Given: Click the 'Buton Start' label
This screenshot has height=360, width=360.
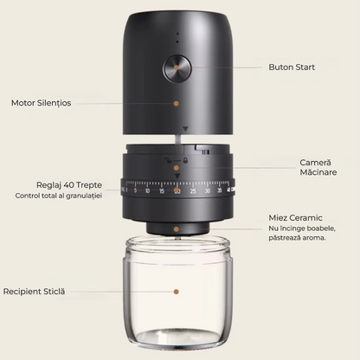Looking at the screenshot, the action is (x=292, y=67).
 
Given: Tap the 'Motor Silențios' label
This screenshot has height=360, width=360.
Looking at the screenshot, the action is (x=41, y=103).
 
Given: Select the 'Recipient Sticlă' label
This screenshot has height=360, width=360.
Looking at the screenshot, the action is (x=34, y=292).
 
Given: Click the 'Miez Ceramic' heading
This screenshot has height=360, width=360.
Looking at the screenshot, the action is (x=295, y=217).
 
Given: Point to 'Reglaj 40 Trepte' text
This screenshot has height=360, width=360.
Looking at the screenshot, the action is (x=69, y=185).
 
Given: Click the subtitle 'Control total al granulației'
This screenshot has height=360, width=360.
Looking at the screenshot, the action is (x=59, y=196).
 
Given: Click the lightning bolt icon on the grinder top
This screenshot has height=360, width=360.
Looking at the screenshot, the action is (x=177, y=33).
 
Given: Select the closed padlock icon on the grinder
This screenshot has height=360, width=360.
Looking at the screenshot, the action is (x=185, y=160).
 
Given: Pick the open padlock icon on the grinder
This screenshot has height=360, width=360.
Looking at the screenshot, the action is (x=168, y=160).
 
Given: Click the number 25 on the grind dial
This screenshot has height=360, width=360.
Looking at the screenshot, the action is (x=193, y=191).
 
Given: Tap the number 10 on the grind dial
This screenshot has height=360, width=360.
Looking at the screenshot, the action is (x=147, y=191).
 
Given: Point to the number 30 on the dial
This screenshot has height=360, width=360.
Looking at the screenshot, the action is (x=208, y=190).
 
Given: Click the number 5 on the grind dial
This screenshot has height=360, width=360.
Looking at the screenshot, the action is (x=135, y=190).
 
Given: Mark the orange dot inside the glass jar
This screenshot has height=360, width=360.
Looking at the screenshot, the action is (x=177, y=292).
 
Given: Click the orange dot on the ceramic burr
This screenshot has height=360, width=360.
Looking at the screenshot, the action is (x=177, y=229).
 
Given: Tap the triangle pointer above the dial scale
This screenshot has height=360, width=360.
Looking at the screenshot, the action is (x=177, y=176).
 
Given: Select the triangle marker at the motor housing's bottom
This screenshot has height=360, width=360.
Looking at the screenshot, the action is (x=185, y=129).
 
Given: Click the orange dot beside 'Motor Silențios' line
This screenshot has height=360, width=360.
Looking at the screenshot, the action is (x=177, y=103).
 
